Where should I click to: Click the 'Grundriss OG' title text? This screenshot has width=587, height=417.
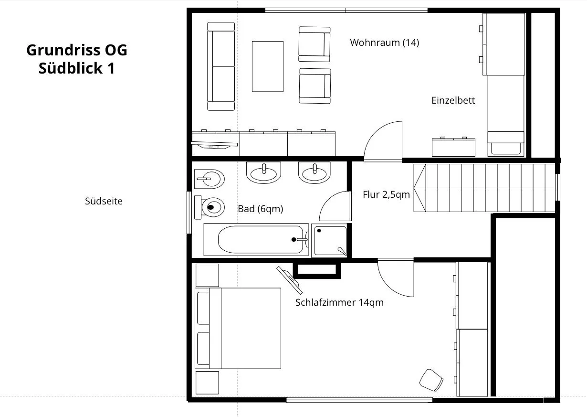(x=77, y=50)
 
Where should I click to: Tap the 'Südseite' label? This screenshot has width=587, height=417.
(x=104, y=201)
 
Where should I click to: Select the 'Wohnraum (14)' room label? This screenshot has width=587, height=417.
(x=385, y=43)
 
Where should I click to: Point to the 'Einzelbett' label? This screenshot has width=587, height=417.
(x=453, y=100)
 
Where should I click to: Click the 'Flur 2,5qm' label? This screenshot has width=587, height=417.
(x=386, y=194)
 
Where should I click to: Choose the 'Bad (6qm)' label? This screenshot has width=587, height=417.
(x=261, y=209)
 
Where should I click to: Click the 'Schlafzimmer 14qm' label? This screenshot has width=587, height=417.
(x=339, y=302)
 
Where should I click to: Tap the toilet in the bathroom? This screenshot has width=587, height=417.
(x=210, y=207)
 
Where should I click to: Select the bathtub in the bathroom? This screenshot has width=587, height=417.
(x=256, y=239)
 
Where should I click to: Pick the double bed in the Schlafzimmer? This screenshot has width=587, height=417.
(x=238, y=328)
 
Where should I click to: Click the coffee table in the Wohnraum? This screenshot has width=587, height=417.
(x=268, y=66)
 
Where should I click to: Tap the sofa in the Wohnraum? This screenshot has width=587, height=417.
(x=221, y=66)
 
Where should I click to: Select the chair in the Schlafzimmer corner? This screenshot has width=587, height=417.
(x=431, y=381)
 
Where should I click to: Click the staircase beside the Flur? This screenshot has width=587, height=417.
(x=484, y=188)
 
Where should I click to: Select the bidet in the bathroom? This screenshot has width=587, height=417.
(x=210, y=179)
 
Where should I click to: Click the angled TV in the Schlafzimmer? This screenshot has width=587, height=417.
(x=290, y=280)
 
